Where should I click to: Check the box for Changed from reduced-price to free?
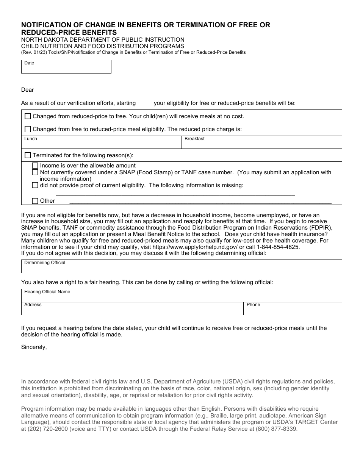point(28,116)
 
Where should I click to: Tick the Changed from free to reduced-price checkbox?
point(28,129)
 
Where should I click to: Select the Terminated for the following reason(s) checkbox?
point(28,155)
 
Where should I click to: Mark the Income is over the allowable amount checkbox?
point(35,166)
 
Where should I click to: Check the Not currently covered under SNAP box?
point(35,172)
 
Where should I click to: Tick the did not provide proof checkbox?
point(35,185)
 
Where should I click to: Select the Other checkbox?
point(35,201)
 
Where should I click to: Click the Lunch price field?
point(102,143)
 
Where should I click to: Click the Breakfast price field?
point(261,143)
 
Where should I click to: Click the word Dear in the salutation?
point(28,90)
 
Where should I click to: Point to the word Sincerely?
point(34,347)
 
